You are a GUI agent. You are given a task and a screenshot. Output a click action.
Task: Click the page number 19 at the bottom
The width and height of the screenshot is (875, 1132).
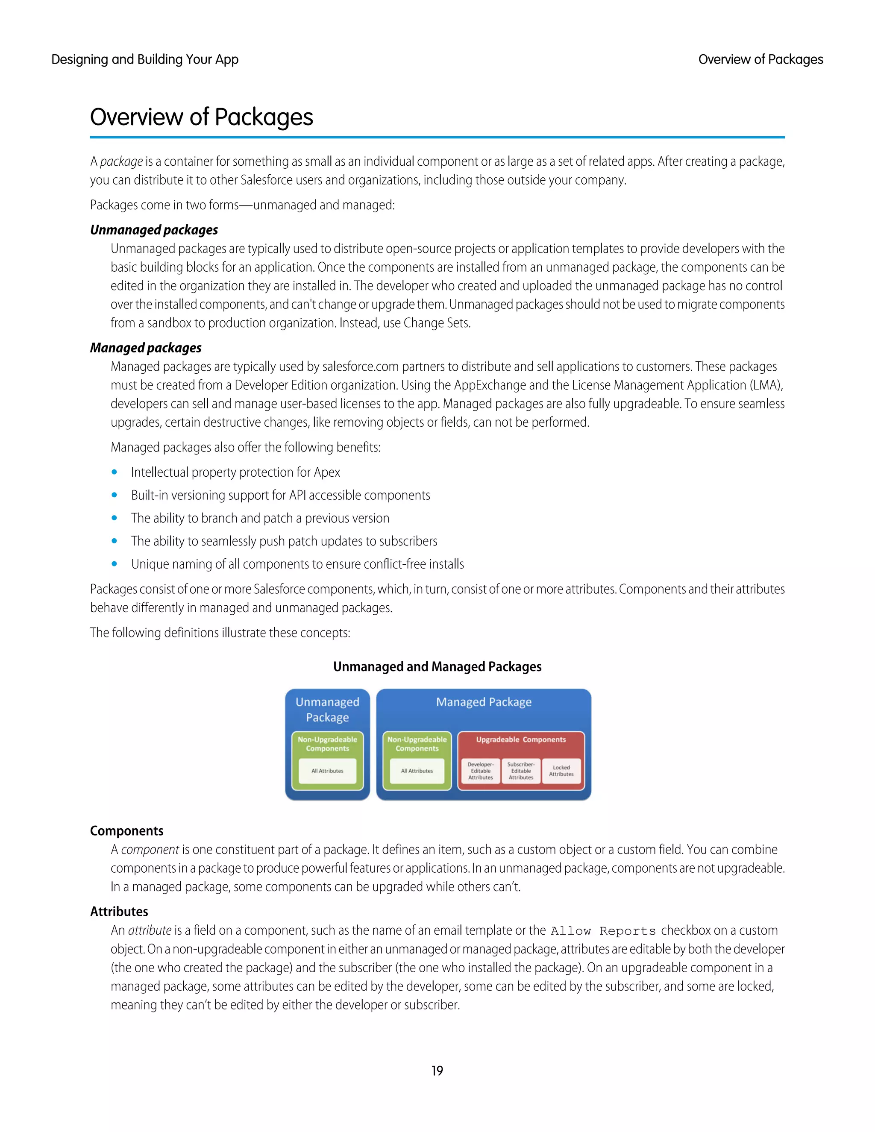[437, 1070]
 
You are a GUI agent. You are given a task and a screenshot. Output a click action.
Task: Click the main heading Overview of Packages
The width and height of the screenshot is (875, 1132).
[201, 117]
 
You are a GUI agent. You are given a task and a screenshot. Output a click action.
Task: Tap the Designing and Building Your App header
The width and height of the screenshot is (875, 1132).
[145, 60]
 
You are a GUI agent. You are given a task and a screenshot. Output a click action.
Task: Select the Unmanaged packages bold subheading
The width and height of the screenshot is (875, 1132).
[154, 230]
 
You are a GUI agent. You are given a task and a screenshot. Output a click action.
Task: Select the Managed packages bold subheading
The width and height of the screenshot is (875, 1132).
[146, 348]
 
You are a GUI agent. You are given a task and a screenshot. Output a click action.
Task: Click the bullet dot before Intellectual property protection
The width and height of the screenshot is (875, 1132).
[114, 472]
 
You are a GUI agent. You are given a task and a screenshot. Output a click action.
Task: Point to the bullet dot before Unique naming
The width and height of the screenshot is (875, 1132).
[114, 564]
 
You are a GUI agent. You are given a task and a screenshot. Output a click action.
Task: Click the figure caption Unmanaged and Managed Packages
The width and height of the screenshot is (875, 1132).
[437, 666]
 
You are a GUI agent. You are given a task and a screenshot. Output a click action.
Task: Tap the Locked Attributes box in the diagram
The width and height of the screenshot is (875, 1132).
[561, 771]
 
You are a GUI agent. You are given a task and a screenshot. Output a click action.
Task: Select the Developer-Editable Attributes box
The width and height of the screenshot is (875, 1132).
[481, 771]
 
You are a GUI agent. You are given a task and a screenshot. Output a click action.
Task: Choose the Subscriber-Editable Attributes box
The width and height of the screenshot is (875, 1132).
[521, 771]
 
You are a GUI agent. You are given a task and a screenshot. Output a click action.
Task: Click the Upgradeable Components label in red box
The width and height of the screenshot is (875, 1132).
[521, 739]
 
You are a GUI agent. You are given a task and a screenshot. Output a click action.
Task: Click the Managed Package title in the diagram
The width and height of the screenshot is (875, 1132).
[484, 702]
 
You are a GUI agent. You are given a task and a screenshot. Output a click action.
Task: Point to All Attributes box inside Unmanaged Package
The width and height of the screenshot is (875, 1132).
[327, 771]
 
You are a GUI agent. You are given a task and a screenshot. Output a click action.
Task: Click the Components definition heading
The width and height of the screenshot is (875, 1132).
[126, 831]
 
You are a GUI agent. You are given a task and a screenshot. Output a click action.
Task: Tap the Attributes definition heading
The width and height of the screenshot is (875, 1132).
[119, 912]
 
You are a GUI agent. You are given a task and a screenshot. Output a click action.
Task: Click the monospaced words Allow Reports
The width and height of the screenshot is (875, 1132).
[603, 931]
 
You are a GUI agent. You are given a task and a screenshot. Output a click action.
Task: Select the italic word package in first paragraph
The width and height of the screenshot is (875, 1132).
[121, 162]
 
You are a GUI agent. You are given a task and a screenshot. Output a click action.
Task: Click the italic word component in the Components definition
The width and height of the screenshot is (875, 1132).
[150, 850]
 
